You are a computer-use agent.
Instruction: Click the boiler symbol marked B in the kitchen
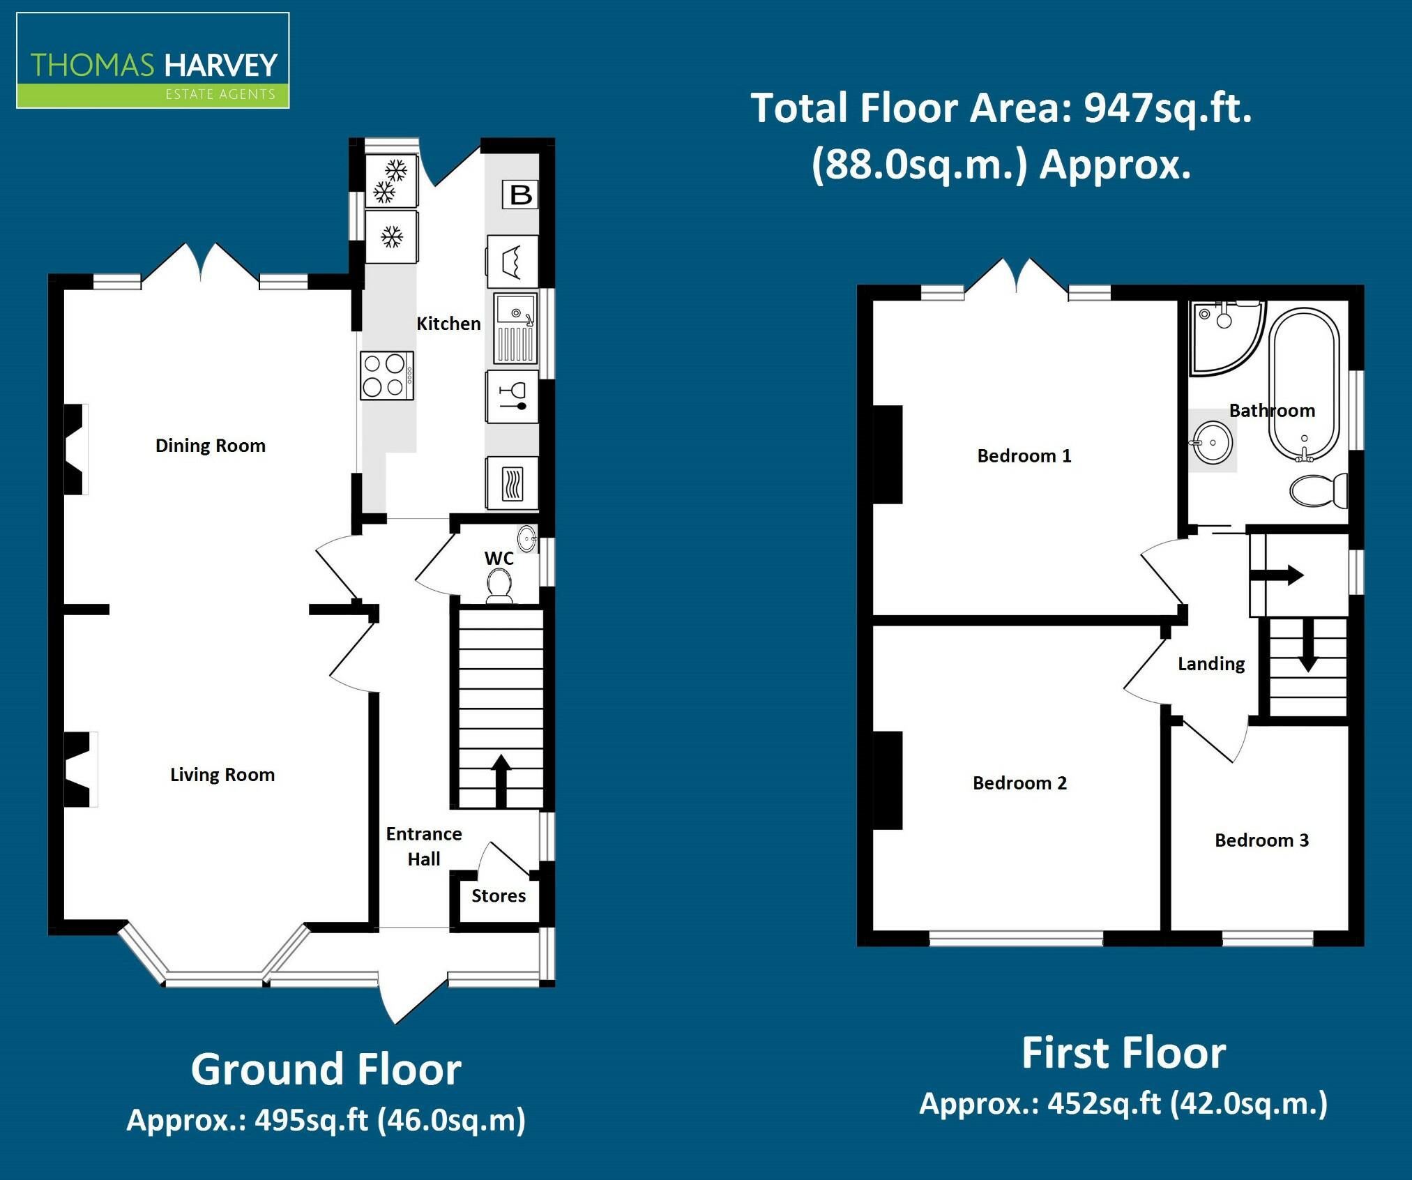click(520, 195)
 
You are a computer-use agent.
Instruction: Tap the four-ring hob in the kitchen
click(386, 375)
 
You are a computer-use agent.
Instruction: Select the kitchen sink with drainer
click(516, 328)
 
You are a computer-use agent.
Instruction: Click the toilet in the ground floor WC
click(499, 585)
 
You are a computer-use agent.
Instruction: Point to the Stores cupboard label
click(498, 896)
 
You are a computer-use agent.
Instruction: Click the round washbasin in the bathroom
click(1213, 443)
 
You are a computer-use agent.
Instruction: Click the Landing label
click(1211, 664)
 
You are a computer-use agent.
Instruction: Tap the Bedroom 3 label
click(1261, 840)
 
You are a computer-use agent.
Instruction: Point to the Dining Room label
click(211, 446)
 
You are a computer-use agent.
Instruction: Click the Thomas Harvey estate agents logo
click(153, 61)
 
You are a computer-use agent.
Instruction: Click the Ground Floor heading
click(326, 1069)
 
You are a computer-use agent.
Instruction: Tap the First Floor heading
click(1123, 1052)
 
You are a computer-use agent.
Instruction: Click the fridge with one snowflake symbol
click(392, 237)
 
